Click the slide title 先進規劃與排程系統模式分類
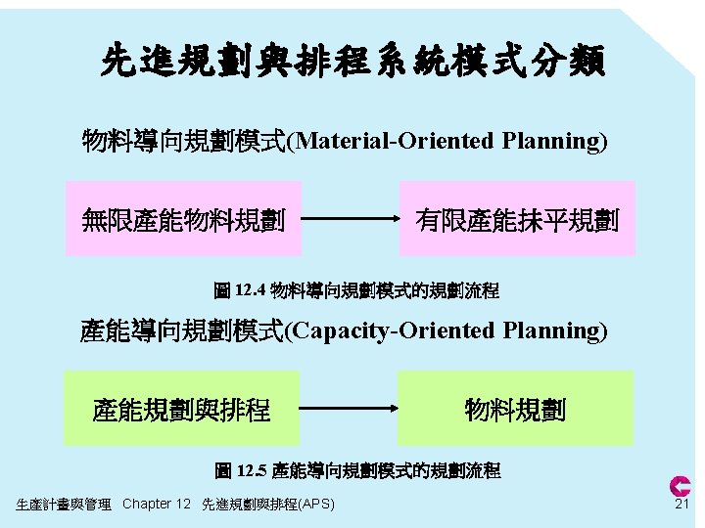click(352, 61)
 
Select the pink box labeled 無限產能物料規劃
click(183, 219)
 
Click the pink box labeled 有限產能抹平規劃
click(517, 219)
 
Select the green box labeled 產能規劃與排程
click(181, 409)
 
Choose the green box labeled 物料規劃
click(515, 409)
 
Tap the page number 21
click(681, 504)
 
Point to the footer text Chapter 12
click(157, 505)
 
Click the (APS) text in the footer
click(317, 505)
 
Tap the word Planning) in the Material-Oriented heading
click(554, 141)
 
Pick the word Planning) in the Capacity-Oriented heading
click(554, 330)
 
